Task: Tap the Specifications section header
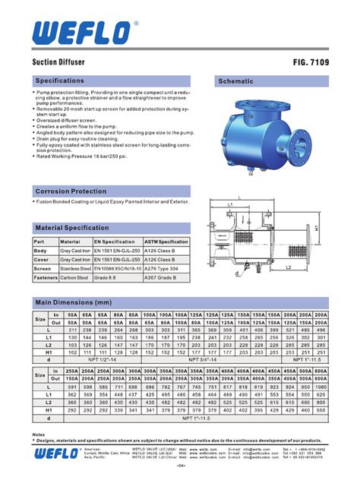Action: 58,81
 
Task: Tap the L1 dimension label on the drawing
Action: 229,204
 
